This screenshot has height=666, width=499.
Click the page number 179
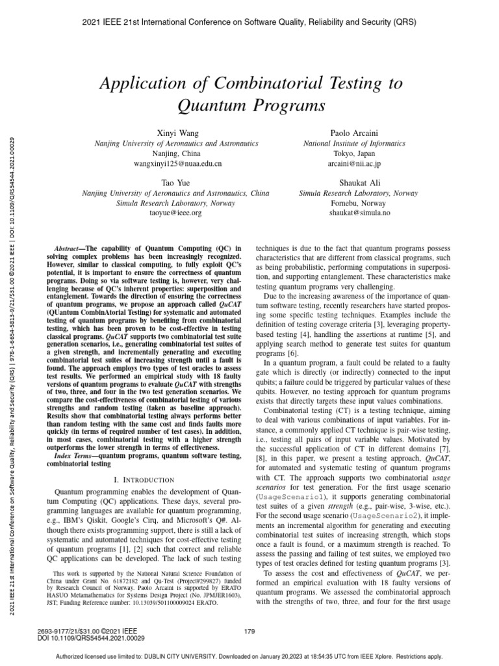(x=249, y=630)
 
